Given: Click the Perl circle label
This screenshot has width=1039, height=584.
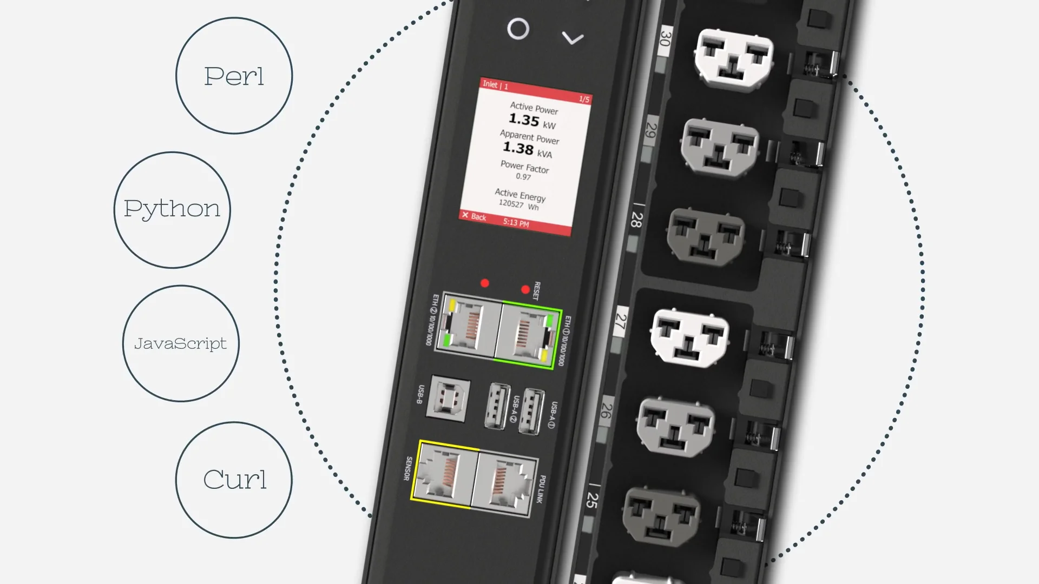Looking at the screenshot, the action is pyautogui.click(x=234, y=76).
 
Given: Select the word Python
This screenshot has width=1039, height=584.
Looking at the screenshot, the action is pyautogui.click(x=172, y=209).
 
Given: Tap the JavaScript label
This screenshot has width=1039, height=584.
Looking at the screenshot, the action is pyautogui.click(x=181, y=343).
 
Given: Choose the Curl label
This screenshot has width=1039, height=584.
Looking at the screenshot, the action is pyautogui.click(x=235, y=479).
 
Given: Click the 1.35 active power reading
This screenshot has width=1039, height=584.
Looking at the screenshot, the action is pyautogui.click(x=524, y=120).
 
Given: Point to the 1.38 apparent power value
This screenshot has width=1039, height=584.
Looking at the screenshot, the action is pyautogui.click(x=518, y=147).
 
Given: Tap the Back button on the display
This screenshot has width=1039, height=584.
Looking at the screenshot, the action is pyautogui.click(x=474, y=216).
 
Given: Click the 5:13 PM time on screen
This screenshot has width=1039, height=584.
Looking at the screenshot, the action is pyautogui.click(x=516, y=222).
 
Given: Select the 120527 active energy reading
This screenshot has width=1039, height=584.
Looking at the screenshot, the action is pyautogui.click(x=511, y=203).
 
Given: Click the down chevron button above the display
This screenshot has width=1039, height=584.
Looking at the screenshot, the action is pyautogui.click(x=573, y=38).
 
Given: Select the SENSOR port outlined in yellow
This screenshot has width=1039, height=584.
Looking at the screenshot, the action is pyautogui.click(x=445, y=474).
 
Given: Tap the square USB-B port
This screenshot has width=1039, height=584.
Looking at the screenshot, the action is pyautogui.click(x=448, y=398).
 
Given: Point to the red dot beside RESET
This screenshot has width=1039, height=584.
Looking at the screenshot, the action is pyautogui.click(x=525, y=290).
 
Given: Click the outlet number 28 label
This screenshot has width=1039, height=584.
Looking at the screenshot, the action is pyautogui.click(x=637, y=220).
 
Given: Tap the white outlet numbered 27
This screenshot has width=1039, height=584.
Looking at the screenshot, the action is pyautogui.click(x=689, y=337).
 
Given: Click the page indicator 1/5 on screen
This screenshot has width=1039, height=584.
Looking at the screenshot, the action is pyautogui.click(x=584, y=99).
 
